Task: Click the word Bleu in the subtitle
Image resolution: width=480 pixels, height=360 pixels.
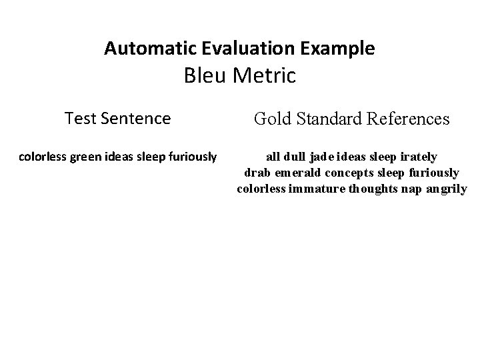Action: [206, 76]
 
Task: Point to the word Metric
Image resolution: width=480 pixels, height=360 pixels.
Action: [265, 76]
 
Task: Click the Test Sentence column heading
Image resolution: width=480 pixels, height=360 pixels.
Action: [117, 119]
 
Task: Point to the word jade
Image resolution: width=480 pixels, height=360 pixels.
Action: [324, 157]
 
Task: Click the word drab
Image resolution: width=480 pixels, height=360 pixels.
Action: [256, 173]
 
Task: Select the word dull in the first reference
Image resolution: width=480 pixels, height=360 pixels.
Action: [296, 157]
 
